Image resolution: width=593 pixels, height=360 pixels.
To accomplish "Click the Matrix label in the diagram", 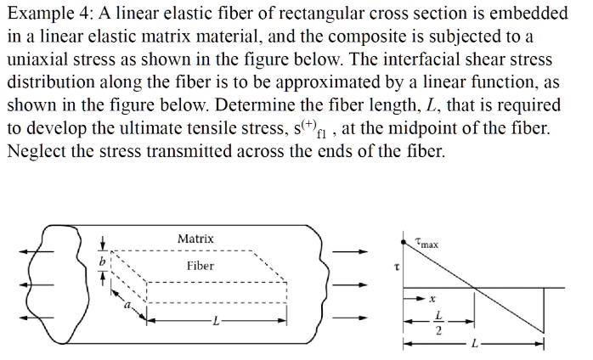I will pyautogui.click(x=195, y=239).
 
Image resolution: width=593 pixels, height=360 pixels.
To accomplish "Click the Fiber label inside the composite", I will pyautogui.click(x=200, y=266).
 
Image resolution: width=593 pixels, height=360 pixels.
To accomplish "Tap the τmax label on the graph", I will pyautogui.click(x=427, y=245).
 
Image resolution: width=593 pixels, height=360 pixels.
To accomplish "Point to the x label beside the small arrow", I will pyautogui.click(x=432, y=299).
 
